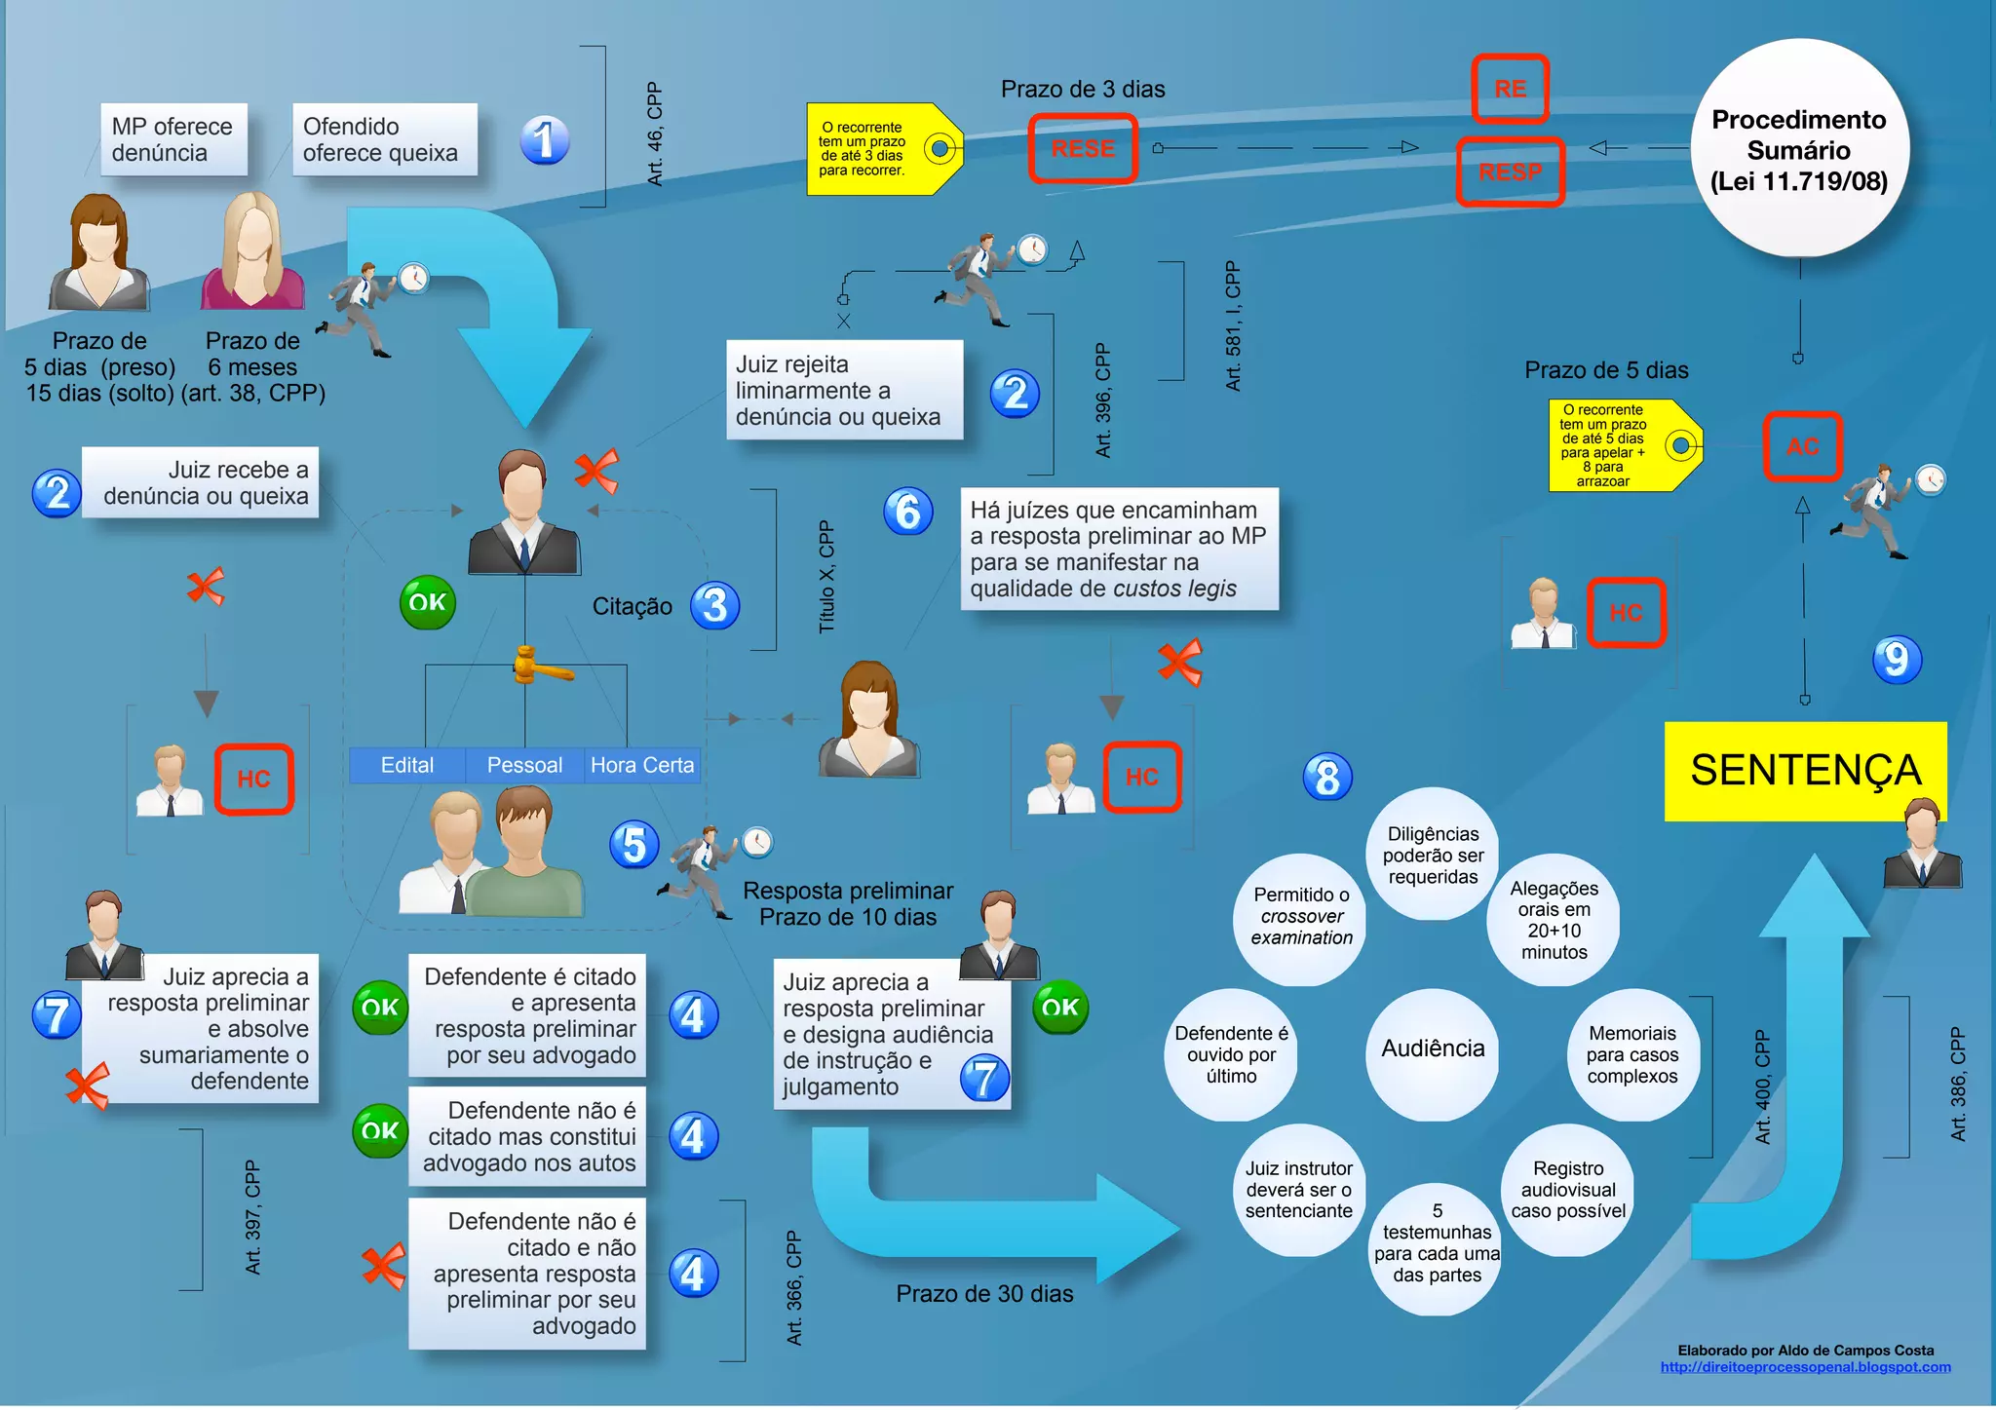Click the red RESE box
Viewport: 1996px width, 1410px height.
coord(1083,149)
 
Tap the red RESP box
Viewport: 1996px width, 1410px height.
coord(1510,172)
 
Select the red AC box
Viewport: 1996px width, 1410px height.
coord(1802,447)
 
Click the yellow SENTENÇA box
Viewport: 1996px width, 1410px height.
coord(1805,771)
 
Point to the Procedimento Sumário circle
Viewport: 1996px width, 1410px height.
coord(1799,149)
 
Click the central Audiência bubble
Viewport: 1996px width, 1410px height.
coord(1433,1049)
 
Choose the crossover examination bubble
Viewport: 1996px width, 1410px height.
coord(1301,917)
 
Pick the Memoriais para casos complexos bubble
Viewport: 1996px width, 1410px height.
coord(1632,1054)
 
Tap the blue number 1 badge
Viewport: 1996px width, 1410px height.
coord(544,140)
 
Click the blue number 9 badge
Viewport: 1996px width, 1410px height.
coord(1896,660)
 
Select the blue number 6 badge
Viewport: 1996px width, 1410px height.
coord(907,512)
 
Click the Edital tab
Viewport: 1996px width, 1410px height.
coord(407,766)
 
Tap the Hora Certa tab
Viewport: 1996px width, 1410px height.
coord(642,766)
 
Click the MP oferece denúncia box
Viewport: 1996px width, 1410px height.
coord(173,140)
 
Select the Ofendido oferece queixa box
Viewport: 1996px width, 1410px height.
coord(384,140)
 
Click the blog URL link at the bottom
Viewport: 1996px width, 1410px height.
coord(1805,1367)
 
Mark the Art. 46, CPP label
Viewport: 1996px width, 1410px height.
coord(655,134)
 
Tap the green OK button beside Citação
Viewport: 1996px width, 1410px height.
coord(427,602)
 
